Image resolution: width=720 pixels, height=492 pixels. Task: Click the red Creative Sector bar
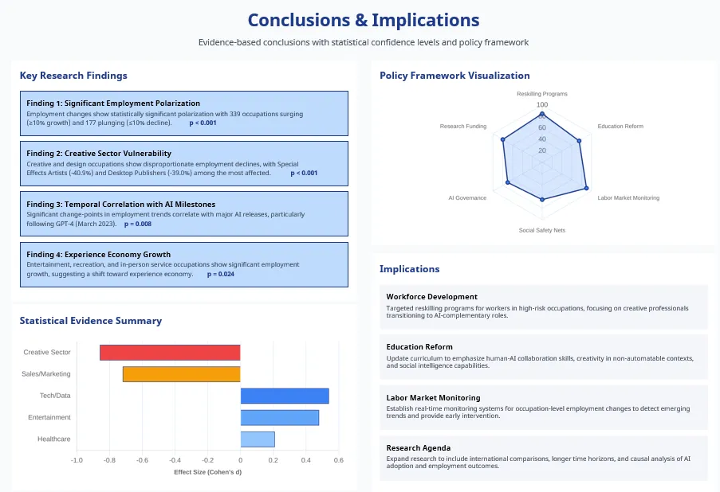click(x=170, y=353)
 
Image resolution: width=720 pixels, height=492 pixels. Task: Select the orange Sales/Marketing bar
click(x=181, y=374)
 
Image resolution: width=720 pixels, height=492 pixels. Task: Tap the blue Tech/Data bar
click(x=285, y=396)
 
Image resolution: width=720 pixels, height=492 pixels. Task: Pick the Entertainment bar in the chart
click(x=279, y=417)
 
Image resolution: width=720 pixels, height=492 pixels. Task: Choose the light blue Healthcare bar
click(x=258, y=439)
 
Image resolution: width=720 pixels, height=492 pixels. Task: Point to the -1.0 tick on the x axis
click(x=77, y=460)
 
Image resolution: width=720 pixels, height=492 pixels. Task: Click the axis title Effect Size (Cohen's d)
click(x=207, y=472)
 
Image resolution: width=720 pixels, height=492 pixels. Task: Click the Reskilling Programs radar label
click(x=542, y=94)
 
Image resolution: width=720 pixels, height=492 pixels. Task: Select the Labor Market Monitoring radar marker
click(x=587, y=189)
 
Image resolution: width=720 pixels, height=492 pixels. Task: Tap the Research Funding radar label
click(x=463, y=127)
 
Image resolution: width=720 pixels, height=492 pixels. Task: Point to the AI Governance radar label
click(x=467, y=197)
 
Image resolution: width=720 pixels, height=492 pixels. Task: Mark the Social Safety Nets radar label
click(x=542, y=230)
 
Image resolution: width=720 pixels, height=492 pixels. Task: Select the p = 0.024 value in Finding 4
click(x=221, y=274)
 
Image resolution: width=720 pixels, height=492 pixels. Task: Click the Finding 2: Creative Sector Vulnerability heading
click(x=99, y=153)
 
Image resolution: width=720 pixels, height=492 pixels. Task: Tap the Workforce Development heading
click(x=431, y=296)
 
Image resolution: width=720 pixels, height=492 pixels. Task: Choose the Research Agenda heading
click(x=419, y=447)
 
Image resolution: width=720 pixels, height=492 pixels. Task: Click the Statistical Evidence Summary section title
click(x=91, y=321)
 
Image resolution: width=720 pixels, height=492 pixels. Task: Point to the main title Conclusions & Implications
click(x=364, y=20)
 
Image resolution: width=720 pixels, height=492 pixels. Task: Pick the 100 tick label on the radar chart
click(x=542, y=105)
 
